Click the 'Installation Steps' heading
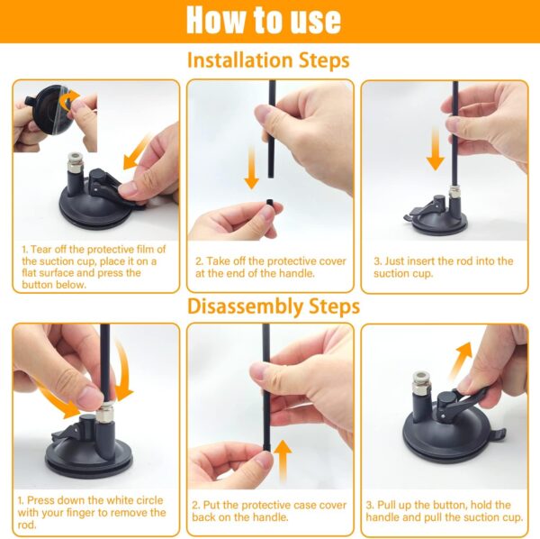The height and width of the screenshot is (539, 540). coord(268,60)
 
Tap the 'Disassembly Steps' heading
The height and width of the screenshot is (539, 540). coord(274,306)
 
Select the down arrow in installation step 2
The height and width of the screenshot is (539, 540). coord(252,168)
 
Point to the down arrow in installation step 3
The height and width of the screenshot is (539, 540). coord(436,149)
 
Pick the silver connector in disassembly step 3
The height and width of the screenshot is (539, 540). coord(420,383)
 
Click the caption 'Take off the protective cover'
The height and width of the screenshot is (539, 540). coord(271,261)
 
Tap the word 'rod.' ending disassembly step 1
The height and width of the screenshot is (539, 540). coord(27,525)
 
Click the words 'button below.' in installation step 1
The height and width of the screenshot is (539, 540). coord(54,285)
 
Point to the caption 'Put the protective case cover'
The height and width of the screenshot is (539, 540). coord(269,506)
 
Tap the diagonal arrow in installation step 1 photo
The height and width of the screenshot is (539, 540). coord(137,151)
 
